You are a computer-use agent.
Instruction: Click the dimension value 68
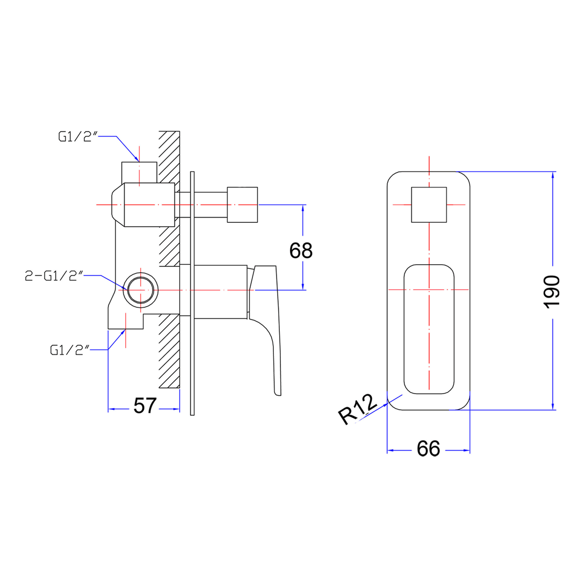(x=301, y=250)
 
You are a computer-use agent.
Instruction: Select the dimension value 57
(x=144, y=406)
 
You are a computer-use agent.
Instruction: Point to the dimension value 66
(x=428, y=448)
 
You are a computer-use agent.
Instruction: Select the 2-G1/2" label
(x=54, y=276)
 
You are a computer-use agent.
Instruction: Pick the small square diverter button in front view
(x=429, y=205)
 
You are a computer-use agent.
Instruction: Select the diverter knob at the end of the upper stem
(x=242, y=205)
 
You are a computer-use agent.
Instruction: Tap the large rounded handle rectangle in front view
(x=429, y=329)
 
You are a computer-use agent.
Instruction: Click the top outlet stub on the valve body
(x=139, y=171)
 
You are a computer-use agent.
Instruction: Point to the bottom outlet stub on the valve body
(x=126, y=321)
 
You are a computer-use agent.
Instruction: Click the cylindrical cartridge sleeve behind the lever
(x=220, y=291)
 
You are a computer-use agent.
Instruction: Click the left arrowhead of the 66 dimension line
(x=391, y=450)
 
